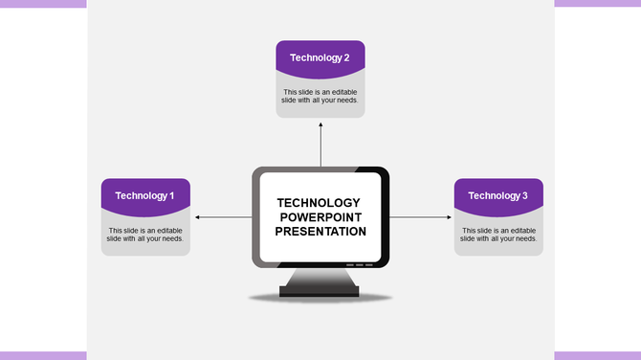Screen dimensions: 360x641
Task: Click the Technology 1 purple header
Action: (144, 194)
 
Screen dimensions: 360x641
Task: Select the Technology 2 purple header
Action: (320, 56)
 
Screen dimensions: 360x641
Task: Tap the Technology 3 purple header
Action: (497, 194)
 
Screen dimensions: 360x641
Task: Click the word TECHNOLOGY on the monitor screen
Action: (318, 203)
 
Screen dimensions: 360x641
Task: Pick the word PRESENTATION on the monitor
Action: (320, 232)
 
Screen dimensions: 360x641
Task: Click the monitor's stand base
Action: (320, 289)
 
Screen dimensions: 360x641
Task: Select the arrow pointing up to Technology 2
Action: (320, 144)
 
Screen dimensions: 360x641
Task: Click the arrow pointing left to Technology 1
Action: (222, 217)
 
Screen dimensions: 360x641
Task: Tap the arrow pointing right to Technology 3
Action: (421, 217)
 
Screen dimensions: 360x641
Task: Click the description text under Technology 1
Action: (145, 235)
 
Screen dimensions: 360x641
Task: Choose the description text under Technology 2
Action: (320, 96)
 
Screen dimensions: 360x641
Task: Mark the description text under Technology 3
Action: (497, 235)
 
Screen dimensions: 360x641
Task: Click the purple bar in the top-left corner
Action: (43, 4)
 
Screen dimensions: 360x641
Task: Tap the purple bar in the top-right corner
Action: (597, 4)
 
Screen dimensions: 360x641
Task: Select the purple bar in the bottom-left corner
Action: (43, 355)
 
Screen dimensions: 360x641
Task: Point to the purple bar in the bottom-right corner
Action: (597, 355)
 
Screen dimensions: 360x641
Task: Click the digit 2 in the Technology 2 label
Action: (346, 57)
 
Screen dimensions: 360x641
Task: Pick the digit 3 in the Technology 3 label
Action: (524, 195)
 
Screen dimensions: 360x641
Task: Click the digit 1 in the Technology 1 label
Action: (171, 195)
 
